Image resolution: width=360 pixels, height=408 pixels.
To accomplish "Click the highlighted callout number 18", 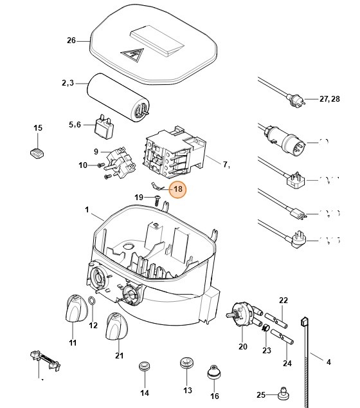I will point(177,190).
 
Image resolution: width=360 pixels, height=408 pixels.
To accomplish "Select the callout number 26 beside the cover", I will point(71,40).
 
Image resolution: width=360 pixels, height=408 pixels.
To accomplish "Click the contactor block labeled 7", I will point(174,152).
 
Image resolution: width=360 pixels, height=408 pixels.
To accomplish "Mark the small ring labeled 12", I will point(93,301).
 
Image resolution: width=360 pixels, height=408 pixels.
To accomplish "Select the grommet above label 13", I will point(187,363).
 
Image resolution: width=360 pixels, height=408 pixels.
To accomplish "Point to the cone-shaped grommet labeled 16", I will point(214,374).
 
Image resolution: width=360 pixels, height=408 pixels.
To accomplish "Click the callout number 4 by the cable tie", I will point(328,362).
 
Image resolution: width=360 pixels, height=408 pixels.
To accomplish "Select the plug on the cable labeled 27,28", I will point(297,100).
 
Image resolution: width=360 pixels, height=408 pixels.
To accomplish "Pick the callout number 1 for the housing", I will point(87,210).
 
